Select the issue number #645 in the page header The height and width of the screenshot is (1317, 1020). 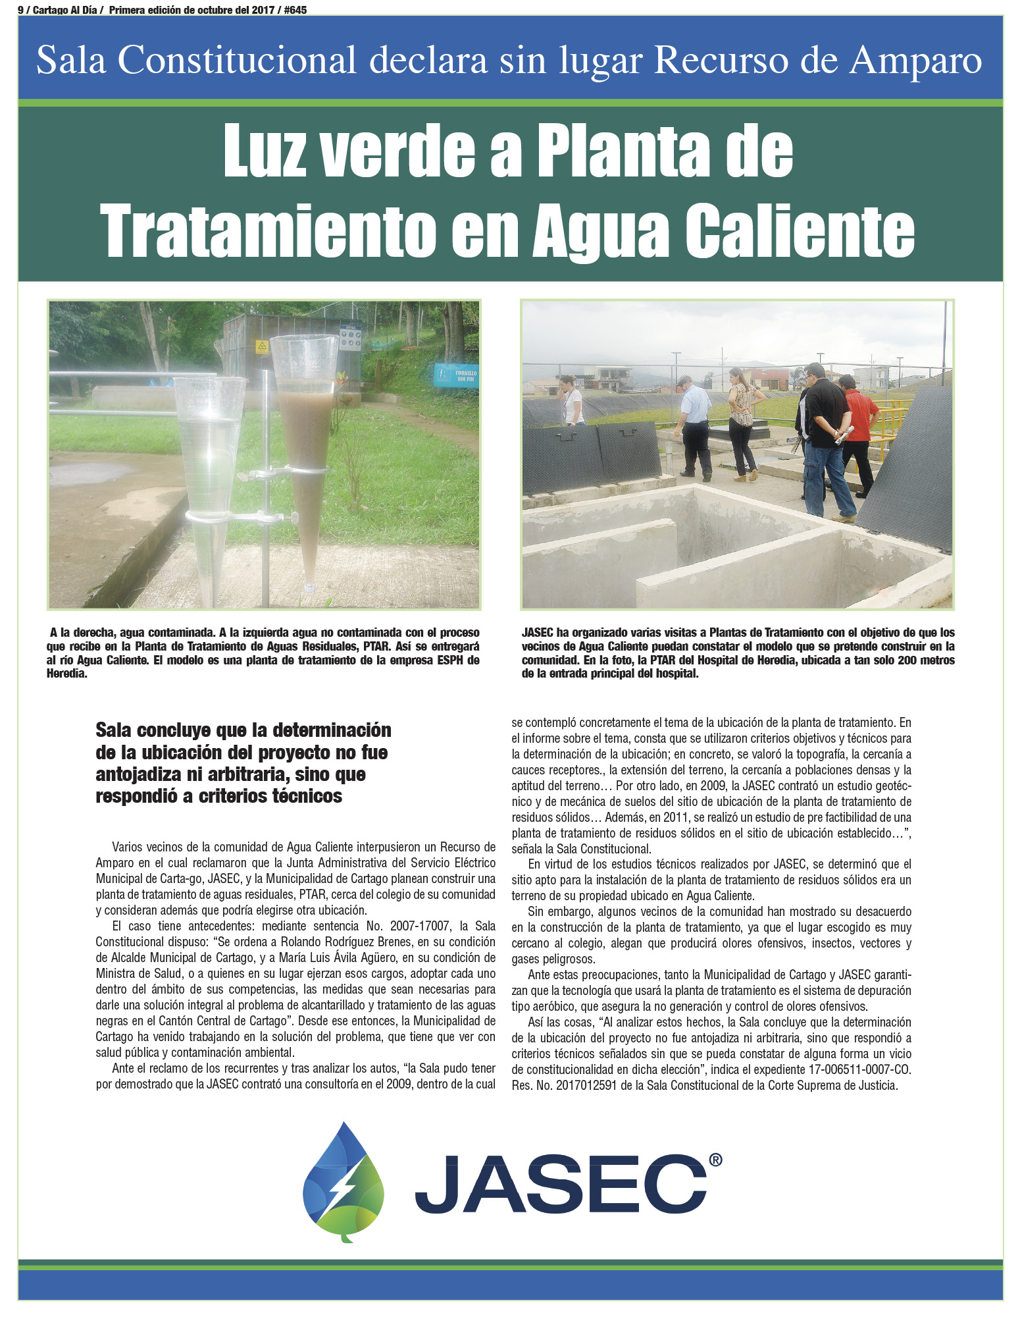293,10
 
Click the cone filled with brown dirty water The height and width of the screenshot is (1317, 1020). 307,454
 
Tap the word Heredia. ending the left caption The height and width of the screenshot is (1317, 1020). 67,674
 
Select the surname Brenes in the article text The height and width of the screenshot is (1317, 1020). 373,942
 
